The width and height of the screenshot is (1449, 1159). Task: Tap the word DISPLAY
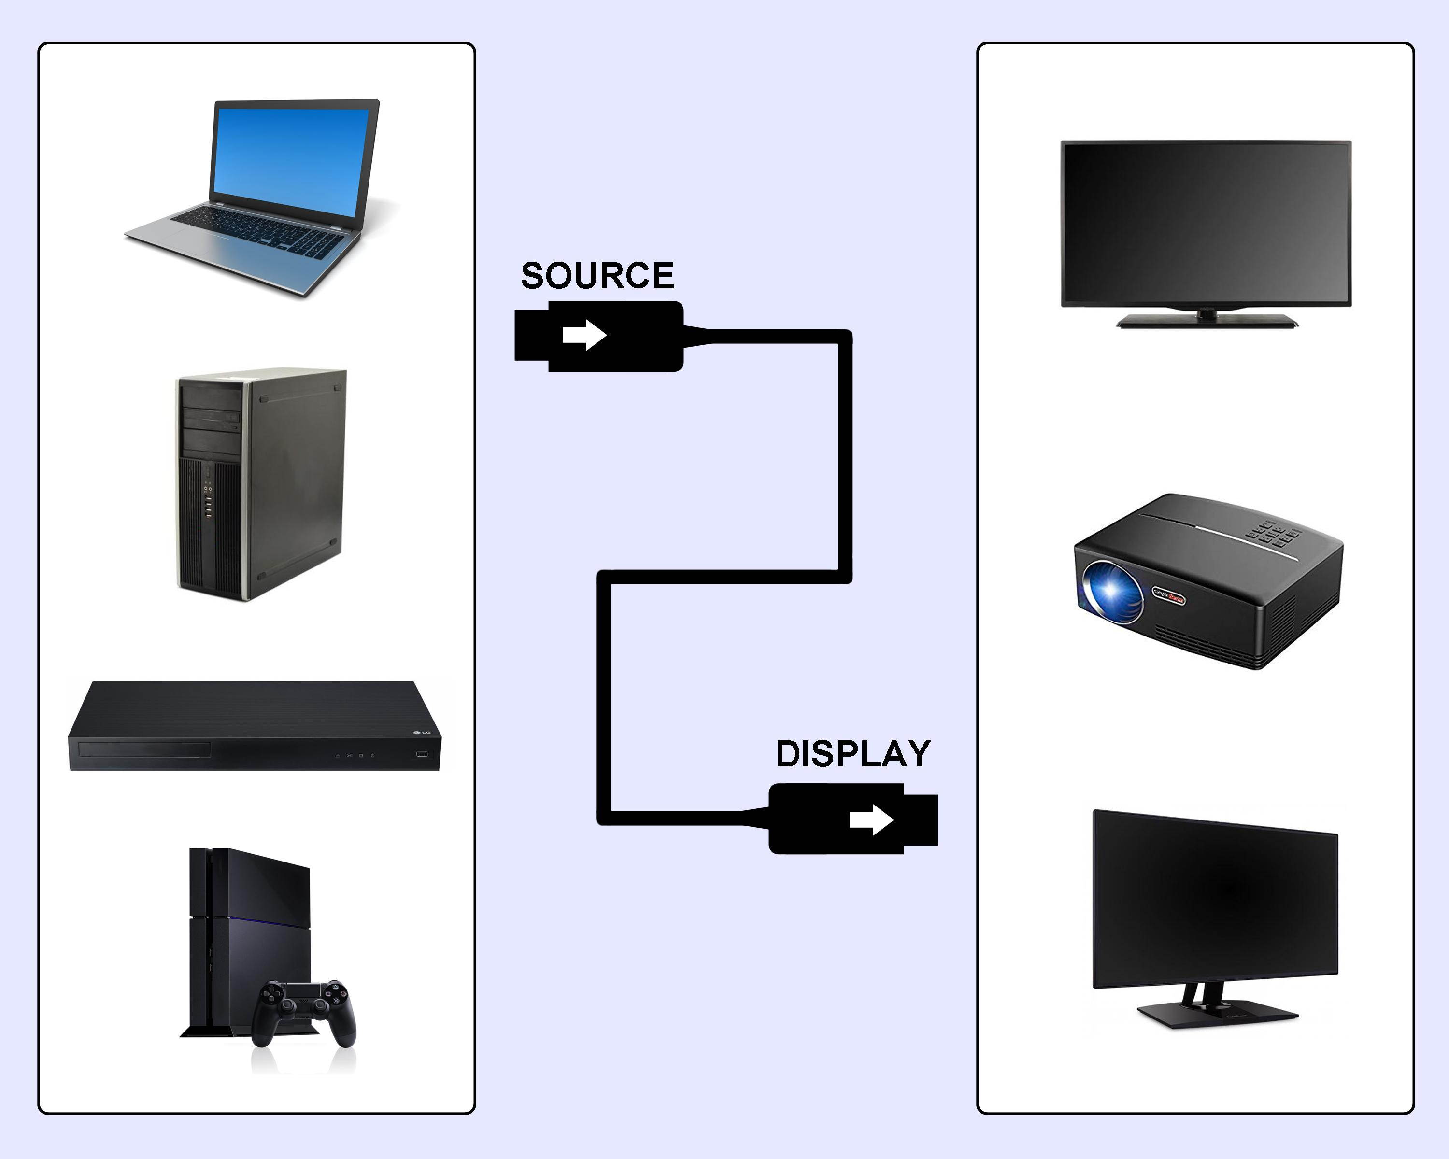(853, 754)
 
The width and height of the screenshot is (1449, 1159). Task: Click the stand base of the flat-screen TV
(1207, 321)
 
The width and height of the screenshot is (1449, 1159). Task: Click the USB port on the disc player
(422, 754)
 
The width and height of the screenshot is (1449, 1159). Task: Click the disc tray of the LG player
(144, 750)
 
